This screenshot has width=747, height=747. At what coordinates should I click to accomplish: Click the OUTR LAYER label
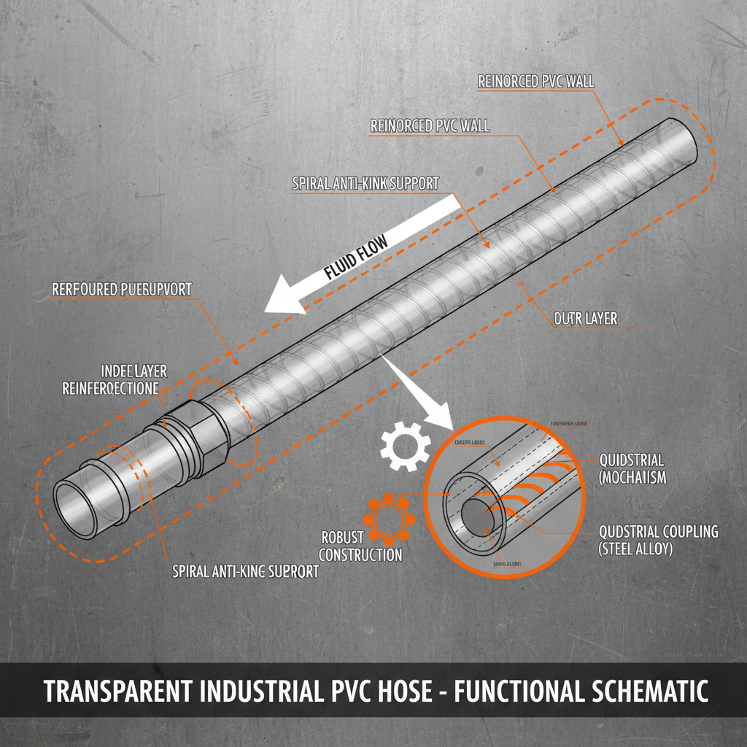click(585, 319)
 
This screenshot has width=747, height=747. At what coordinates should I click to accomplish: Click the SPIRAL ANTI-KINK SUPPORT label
click(365, 183)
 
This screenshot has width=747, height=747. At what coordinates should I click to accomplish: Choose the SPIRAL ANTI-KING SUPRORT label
click(245, 572)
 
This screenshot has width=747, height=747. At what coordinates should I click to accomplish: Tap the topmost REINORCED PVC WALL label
click(536, 82)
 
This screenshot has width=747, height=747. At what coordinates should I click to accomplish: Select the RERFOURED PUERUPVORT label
click(122, 290)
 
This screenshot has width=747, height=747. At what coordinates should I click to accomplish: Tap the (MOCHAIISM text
click(632, 477)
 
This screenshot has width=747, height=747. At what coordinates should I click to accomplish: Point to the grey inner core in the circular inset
click(477, 518)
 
